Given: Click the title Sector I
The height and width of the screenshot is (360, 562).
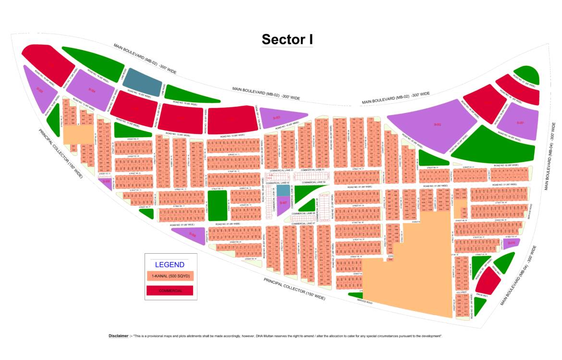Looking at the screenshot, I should [287, 39].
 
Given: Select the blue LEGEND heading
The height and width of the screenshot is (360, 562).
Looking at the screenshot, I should [169, 264].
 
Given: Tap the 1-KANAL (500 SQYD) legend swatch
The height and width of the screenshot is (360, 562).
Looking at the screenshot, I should [169, 276].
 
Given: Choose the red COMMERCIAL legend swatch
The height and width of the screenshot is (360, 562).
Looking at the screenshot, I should [169, 290].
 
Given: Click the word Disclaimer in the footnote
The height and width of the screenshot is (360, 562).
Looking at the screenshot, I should [119, 336].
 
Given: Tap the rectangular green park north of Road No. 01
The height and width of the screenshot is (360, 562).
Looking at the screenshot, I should [216, 205].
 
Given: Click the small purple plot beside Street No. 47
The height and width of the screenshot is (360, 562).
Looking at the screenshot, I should [511, 243].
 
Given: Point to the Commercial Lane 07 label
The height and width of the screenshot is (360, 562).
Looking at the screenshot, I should [303, 223].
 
